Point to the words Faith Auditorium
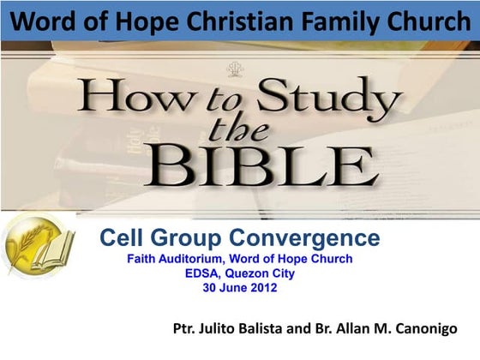[180, 259]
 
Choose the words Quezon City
[270, 273]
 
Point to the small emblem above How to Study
[234, 70]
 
